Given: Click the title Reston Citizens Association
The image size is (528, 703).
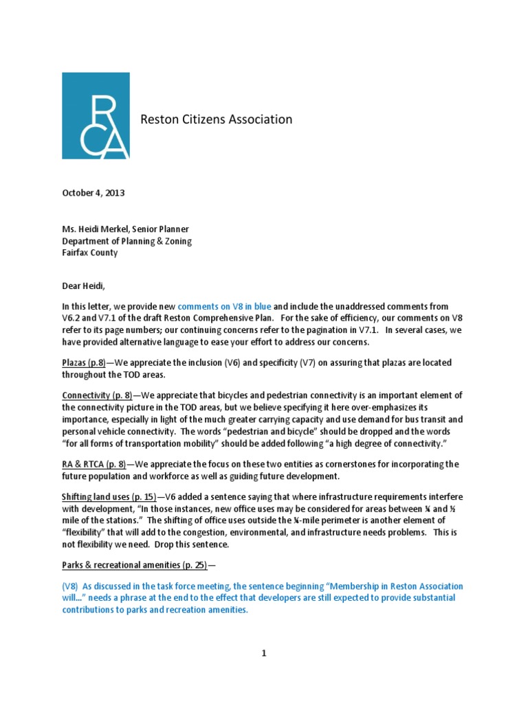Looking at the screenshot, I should (217, 119).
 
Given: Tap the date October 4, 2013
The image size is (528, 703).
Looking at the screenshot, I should (90, 193).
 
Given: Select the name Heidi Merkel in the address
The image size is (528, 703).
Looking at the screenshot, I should (102, 229).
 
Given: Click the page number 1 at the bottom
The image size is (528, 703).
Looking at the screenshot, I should (263, 653).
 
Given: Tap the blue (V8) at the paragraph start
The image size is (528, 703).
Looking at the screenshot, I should (72, 586).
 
